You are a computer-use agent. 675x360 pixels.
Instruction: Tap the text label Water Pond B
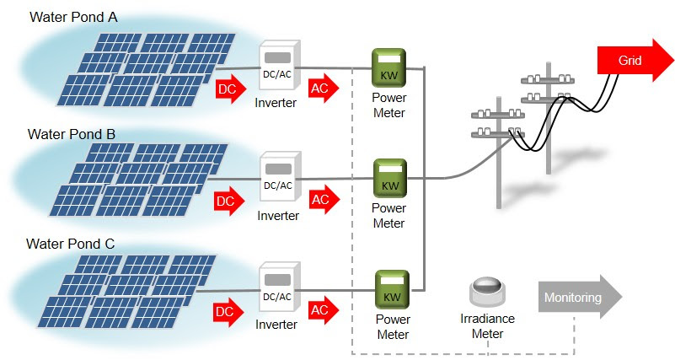coord(71,133)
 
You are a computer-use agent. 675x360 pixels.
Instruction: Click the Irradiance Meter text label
coord(487,326)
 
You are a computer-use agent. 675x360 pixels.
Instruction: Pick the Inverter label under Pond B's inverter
coord(278,216)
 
